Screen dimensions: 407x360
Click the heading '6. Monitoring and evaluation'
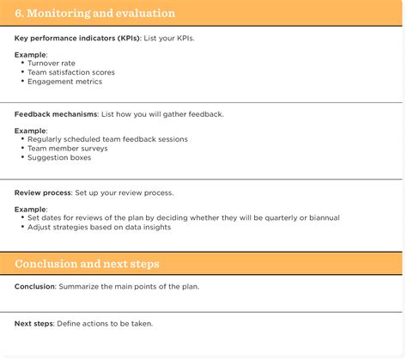[95, 14]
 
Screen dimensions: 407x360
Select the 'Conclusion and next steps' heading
[87, 264]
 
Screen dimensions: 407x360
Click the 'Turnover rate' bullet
[51, 64]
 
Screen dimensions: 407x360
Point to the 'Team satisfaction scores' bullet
[70, 72]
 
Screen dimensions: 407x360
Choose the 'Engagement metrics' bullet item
[64, 82]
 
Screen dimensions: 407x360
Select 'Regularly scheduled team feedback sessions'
[107, 138]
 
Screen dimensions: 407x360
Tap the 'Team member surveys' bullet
[67, 148]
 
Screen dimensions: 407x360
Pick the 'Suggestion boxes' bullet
[59, 157]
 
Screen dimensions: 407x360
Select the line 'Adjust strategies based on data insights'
[99, 227]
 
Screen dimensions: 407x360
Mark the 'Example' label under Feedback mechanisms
[30, 130]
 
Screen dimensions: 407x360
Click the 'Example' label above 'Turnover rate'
[30, 55]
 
